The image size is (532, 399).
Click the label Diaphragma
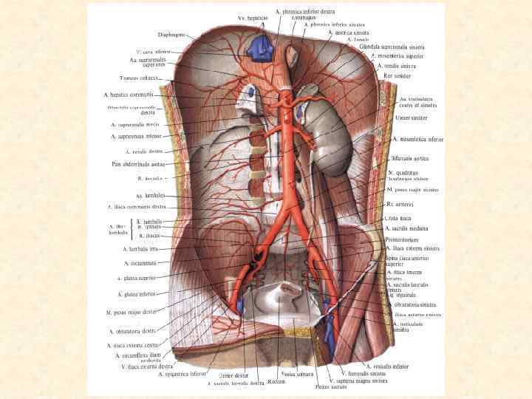tap(171, 34)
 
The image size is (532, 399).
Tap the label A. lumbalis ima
tap(140, 249)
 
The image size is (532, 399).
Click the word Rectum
tap(277, 382)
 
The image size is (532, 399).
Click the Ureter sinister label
tap(412, 117)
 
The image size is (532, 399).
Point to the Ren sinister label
tap(398, 75)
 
